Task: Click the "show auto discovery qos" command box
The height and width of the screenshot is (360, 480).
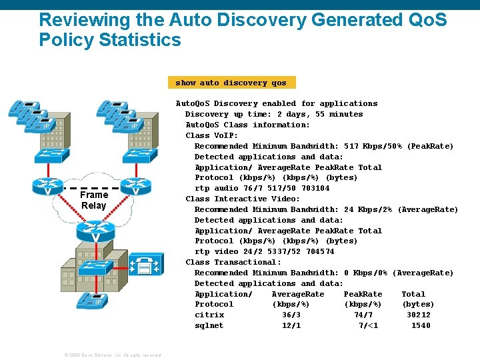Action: [x=231, y=83]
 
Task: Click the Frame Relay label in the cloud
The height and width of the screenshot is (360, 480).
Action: [x=94, y=200]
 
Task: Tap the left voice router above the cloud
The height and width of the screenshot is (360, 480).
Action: [x=47, y=187]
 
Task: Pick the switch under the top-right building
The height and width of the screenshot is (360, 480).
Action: [x=136, y=155]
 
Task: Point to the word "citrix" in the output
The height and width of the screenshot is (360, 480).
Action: [x=209, y=315]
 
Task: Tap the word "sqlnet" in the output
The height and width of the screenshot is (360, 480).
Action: [x=209, y=326]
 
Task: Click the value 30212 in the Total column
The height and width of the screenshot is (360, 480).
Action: [x=419, y=315]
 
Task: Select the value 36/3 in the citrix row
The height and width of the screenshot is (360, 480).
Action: [x=291, y=315]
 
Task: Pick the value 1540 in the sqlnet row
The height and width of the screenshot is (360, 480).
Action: [x=421, y=326]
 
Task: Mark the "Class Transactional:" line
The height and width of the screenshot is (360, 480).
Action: [x=233, y=262]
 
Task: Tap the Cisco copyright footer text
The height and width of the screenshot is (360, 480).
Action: [x=112, y=355]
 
